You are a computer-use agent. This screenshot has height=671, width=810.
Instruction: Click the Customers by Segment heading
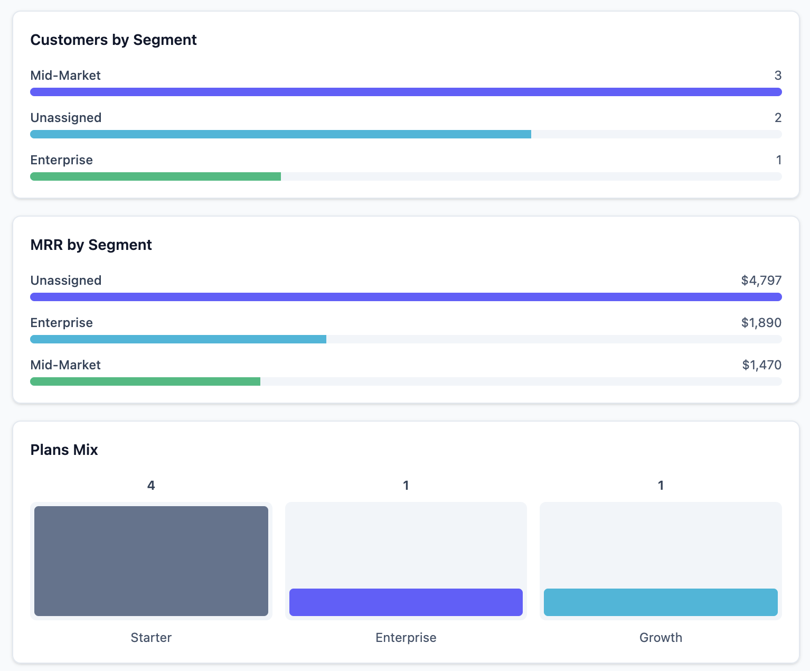(114, 40)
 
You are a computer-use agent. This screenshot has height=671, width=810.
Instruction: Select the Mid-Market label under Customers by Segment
(65, 75)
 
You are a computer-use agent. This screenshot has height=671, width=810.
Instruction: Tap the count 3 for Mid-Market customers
(778, 75)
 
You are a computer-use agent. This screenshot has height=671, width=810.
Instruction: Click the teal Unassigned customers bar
(280, 134)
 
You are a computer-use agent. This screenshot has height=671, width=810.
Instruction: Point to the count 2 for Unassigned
(778, 118)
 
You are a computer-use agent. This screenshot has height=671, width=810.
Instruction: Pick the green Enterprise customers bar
(156, 176)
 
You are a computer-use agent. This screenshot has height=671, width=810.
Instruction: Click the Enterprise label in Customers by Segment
(61, 160)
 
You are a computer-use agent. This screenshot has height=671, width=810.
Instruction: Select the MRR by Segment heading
(91, 245)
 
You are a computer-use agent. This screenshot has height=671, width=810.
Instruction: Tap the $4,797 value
(761, 280)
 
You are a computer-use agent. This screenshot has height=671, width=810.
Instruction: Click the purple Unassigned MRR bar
(406, 297)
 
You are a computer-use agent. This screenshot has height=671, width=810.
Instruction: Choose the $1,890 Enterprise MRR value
(761, 322)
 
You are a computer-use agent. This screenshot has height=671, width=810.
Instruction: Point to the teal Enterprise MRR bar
(178, 339)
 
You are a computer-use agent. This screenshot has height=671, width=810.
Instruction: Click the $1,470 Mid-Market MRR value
(761, 365)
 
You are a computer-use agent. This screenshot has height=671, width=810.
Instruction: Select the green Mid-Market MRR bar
(145, 381)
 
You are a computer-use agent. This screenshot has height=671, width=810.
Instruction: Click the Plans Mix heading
(64, 450)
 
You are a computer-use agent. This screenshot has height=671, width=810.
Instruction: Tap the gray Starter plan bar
(152, 561)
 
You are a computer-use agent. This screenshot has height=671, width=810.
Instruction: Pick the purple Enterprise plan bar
(406, 602)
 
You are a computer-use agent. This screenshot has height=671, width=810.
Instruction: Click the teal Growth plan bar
(661, 602)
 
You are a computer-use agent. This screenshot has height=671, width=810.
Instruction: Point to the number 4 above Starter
(151, 485)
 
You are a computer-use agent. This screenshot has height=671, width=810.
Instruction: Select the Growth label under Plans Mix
(661, 638)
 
